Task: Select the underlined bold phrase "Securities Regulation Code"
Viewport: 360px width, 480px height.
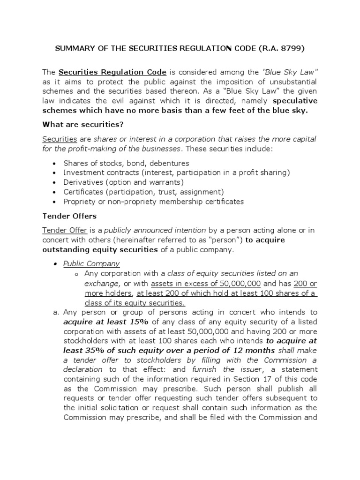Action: click(x=112, y=72)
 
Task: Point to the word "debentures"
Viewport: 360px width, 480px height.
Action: click(x=167, y=163)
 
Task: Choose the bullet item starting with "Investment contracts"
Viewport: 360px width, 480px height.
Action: click(x=177, y=172)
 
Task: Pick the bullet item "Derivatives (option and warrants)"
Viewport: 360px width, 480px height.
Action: click(x=124, y=182)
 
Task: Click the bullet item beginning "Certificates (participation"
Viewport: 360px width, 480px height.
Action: click(x=144, y=192)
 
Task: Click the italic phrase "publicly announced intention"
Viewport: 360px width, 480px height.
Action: click(x=155, y=230)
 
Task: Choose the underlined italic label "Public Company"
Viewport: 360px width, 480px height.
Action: click(x=91, y=263)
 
